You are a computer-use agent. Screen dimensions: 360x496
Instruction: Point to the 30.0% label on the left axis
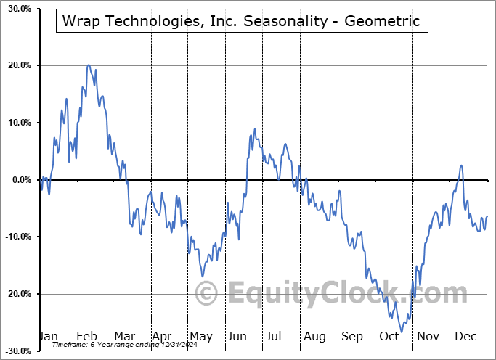(18, 9)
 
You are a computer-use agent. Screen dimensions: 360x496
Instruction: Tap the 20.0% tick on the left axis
(18, 66)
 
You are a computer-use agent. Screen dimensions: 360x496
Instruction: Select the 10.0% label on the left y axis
(18, 123)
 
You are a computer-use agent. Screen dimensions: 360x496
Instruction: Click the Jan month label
(48, 337)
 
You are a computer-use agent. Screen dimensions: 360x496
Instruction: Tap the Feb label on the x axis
(86, 337)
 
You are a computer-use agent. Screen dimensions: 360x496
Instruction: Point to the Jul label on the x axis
(275, 337)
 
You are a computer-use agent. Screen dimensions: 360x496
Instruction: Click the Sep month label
(351, 337)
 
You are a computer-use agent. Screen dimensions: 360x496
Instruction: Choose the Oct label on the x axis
(389, 337)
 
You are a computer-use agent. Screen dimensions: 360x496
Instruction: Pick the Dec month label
(465, 337)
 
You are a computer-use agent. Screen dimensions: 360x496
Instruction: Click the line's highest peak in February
(89, 65)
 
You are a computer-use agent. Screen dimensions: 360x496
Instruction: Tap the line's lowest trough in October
(402, 332)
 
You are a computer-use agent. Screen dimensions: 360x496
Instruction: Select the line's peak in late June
(254, 129)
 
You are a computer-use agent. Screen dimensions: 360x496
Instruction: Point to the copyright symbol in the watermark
(206, 294)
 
